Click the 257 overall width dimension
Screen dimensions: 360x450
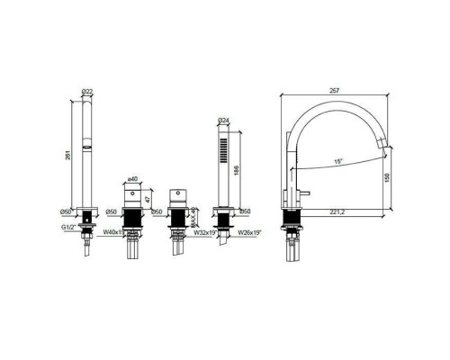click(334, 92)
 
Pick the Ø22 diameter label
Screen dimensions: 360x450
click(86, 92)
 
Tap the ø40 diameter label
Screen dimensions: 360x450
click(133, 179)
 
